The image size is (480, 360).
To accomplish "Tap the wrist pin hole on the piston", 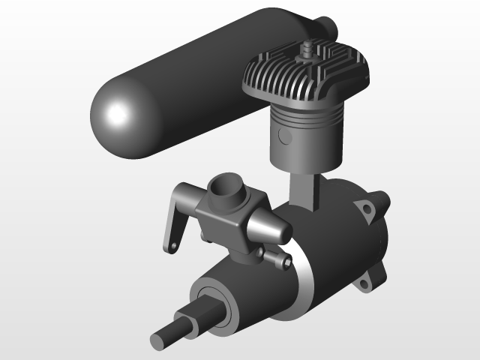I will (x=284, y=136).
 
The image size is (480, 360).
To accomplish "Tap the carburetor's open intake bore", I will (x=224, y=188).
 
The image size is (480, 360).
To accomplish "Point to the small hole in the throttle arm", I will (x=172, y=244).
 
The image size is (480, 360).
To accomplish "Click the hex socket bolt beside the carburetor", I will (x=283, y=262).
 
